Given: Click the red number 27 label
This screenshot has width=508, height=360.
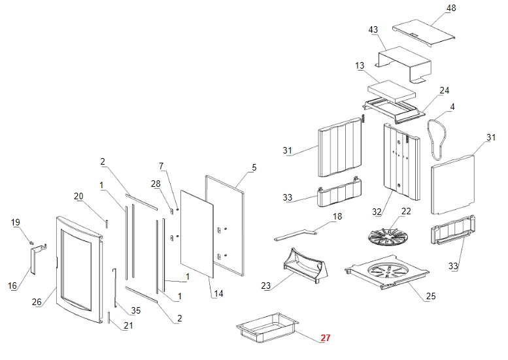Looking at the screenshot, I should [x=325, y=338].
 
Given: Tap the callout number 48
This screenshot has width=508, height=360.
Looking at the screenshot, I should [x=450, y=8].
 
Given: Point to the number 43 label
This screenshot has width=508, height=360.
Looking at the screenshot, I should [x=373, y=30].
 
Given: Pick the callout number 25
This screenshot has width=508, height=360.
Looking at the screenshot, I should [x=430, y=296].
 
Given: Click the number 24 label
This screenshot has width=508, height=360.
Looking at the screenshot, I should [x=444, y=90].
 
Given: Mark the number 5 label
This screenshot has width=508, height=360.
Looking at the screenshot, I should [x=254, y=167].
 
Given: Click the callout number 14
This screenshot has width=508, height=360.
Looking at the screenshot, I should [x=218, y=293].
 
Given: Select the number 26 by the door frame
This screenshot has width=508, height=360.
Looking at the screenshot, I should [x=37, y=302].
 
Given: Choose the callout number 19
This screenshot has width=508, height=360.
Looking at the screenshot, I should [x=16, y=222].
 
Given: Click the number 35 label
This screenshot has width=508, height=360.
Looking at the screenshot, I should [x=135, y=310].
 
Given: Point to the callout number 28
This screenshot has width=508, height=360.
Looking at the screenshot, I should [x=155, y=184].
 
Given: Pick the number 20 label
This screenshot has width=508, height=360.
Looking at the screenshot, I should [x=78, y=196].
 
